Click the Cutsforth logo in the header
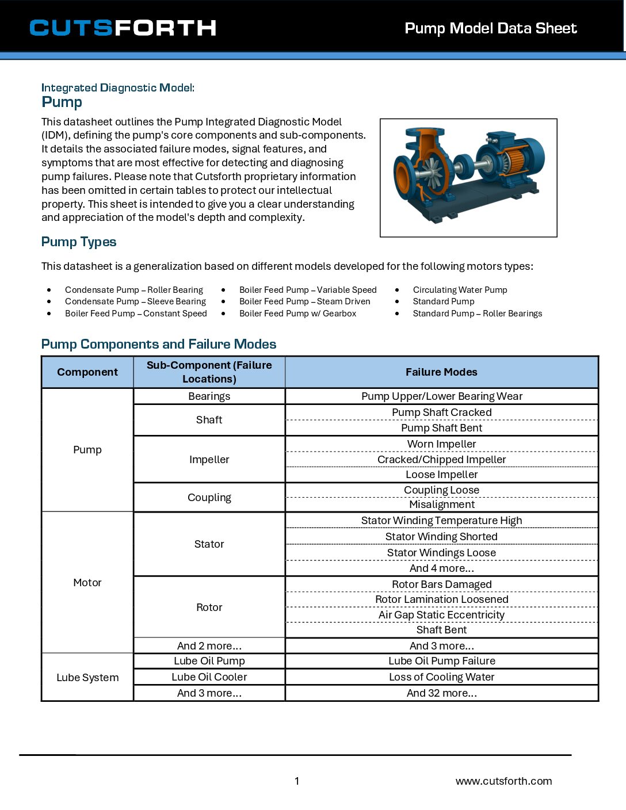tap(123, 28)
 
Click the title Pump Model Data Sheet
tap(490, 28)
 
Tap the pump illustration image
tap(468, 177)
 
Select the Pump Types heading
tap(79, 242)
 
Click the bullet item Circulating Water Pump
tap(460, 290)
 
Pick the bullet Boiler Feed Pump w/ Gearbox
tap(297, 314)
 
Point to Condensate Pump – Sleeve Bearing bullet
tap(135, 301)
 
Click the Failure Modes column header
tap(441, 372)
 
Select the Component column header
tap(87, 372)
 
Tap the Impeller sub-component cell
tap(209, 460)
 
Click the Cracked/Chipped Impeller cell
tap(441, 460)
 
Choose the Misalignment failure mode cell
tap(441, 505)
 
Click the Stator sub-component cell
tap(209, 544)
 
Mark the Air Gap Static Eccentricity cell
tap(441, 615)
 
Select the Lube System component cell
tap(87, 678)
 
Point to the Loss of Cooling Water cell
tap(441, 677)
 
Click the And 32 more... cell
tap(441, 693)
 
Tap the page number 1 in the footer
tap(297, 781)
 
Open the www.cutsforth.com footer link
tap(503, 781)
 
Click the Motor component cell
tap(87, 583)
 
